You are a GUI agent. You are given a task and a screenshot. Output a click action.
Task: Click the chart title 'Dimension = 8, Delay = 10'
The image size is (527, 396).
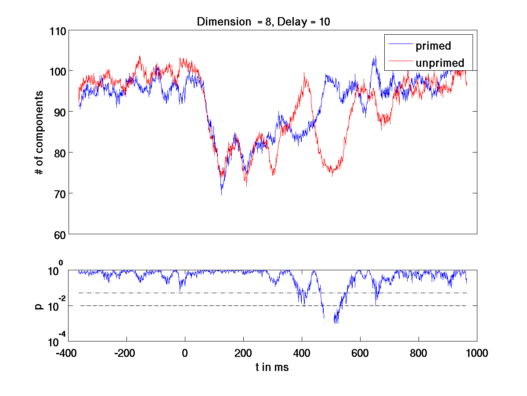tap(263, 22)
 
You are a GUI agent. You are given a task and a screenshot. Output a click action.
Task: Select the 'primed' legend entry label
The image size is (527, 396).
tap(433, 46)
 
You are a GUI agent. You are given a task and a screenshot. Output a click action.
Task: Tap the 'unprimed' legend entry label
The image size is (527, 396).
tap(440, 63)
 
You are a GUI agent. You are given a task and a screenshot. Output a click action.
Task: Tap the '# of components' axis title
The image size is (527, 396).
tap(40, 133)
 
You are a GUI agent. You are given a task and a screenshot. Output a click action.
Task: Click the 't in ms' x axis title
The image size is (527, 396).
tap(272, 367)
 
